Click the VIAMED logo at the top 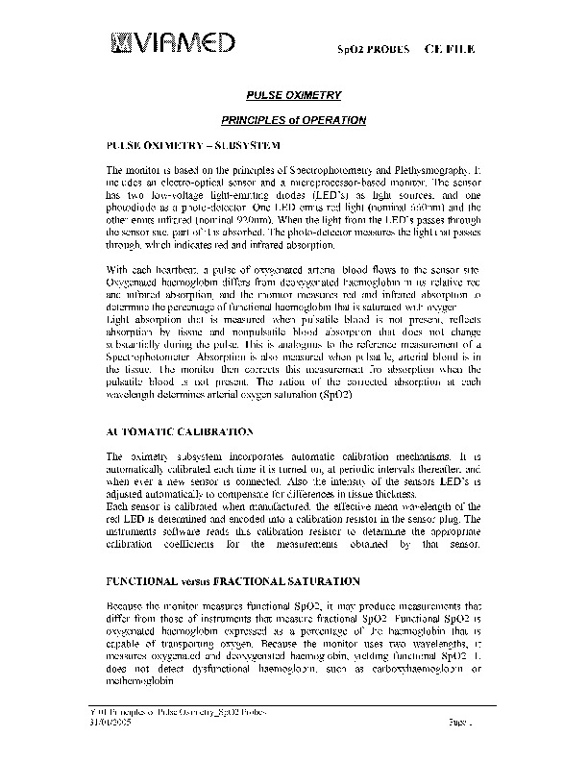pos(174,42)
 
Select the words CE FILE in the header pos(448,48)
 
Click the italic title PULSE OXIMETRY pos(294,95)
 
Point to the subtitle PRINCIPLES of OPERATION pos(294,120)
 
